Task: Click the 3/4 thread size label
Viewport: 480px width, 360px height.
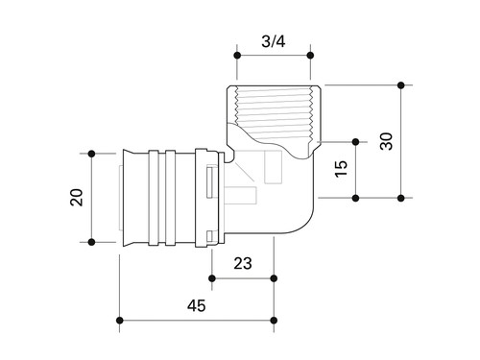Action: pos(273,41)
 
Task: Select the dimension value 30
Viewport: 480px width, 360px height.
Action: pos(386,141)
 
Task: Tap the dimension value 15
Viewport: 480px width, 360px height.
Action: pos(341,169)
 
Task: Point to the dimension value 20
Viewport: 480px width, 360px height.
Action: pos(77,198)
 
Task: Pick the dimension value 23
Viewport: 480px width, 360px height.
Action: pos(243,264)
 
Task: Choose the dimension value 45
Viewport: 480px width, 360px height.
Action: pos(197,305)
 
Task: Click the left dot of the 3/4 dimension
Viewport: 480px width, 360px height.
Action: pos(237,56)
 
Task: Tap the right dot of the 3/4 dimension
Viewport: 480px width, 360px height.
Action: pos(310,56)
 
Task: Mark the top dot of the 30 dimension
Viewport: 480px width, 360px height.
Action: pos(401,85)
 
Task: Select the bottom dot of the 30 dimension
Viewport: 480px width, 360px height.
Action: pos(401,198)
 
